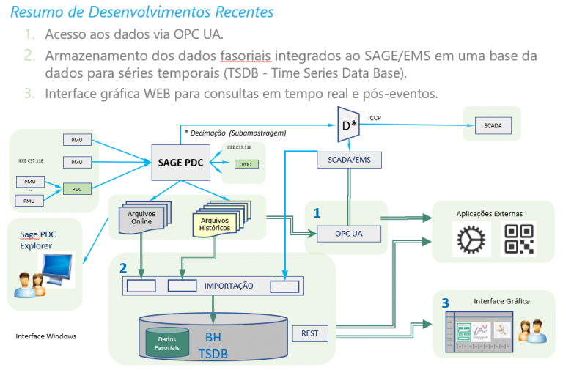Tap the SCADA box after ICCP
click(x=493, y=125)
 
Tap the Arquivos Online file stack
click(x=141, y=218)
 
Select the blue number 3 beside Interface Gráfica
click(x=445, y=303)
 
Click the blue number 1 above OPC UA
click(x=317, y=213)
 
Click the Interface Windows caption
click(x=46, y=336)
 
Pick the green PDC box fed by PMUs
click(x=76, y=188)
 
